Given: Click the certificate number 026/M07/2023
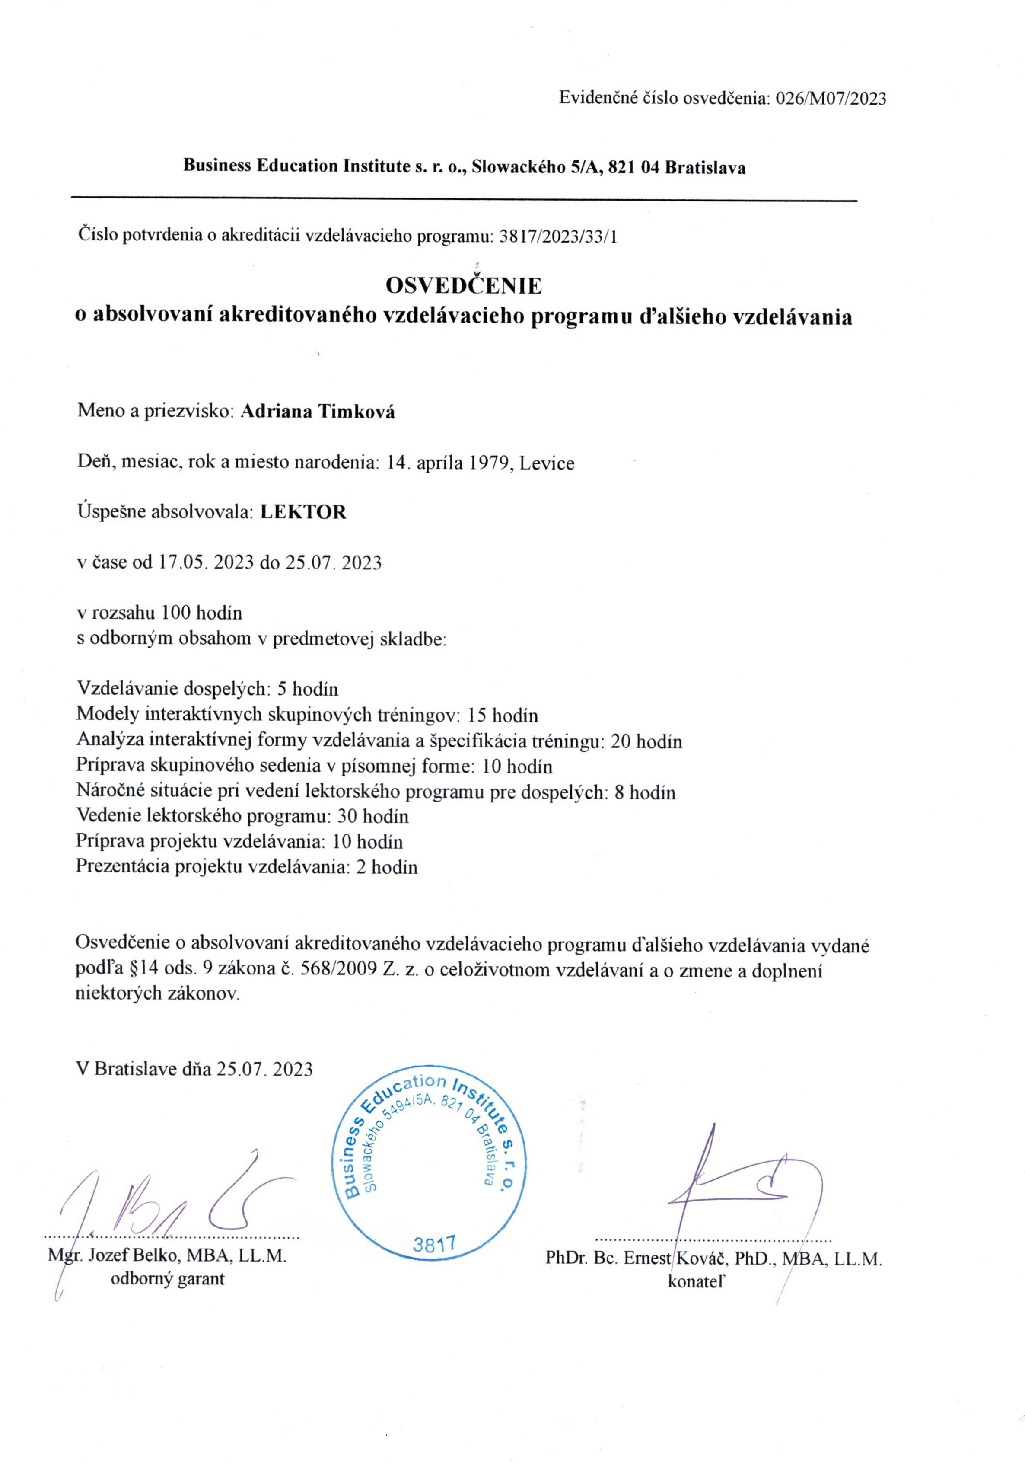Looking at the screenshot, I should click(x=830, y=98).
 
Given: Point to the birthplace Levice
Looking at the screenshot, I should click(x=547, y=463).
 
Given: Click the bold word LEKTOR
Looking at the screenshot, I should click(x=303, y=512).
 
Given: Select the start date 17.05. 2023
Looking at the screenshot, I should click(x=206, y=562).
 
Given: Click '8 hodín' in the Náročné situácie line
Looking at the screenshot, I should click(x=645, y=792).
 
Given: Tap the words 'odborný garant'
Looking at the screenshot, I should click(x=168, y=1279).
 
